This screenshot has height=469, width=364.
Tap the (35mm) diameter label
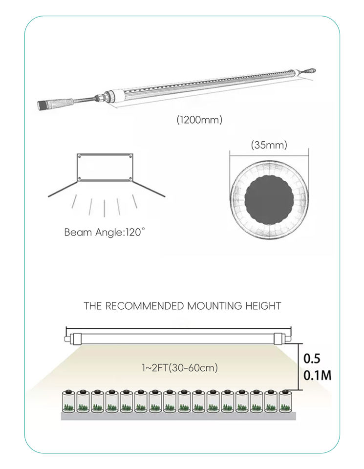pos(269,145)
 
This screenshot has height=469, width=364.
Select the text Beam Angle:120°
pos(105,232)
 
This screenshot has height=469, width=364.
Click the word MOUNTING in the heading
pos(215,306)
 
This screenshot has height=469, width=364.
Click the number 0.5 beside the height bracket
pos(312,359)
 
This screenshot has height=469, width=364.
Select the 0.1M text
pos(318,376)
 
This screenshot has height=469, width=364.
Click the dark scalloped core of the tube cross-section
pos(269,198)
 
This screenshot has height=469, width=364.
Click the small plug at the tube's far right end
pos(310,71)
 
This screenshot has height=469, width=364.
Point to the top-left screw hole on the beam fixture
pos(79,157)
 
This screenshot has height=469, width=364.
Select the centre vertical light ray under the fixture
pos(105,208)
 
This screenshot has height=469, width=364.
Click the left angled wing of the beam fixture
pos(63,190)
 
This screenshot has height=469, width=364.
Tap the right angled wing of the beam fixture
pos(149,189)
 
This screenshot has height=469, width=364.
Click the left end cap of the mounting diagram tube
pos(68,338)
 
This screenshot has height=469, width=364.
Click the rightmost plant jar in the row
pos(284,401)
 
